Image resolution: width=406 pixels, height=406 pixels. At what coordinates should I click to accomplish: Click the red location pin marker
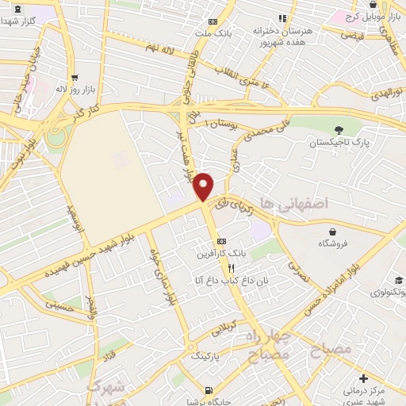[x=204, y=186]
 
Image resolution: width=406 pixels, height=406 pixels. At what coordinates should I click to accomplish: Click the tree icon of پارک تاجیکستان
[x=339, y=130]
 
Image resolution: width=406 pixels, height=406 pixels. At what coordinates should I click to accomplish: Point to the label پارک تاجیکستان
[x=339, y=144]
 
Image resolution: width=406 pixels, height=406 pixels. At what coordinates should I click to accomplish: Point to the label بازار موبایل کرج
[x=366, y=16]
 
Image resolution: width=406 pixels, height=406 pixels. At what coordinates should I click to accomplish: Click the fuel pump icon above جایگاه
[x=209, y=390]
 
